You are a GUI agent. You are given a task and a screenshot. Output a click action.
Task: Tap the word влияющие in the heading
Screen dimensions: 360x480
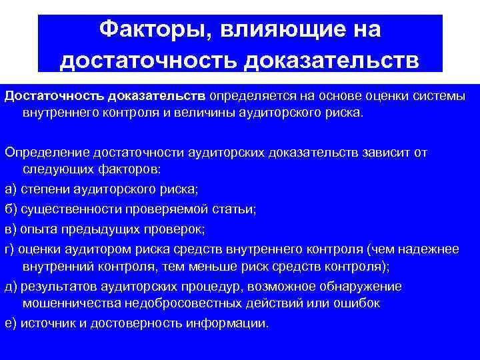tap(275, 30)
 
